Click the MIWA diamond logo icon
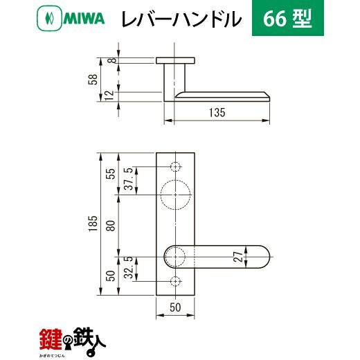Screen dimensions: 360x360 [x=49, y=19]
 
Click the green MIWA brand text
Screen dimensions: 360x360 [x=84, y=19]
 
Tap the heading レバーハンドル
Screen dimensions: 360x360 [x=181, y=19]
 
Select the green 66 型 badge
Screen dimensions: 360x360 [x=288, y=18]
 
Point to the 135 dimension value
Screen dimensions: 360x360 [x=217, y=113]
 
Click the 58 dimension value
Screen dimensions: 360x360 [x=93, y=80]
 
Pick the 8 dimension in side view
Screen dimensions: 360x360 [x=112, y=60]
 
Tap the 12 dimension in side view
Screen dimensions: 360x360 [x=109, y=95]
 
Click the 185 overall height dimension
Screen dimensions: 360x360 [x=93, y=224]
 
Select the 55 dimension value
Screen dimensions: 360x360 [x=111, y=174]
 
